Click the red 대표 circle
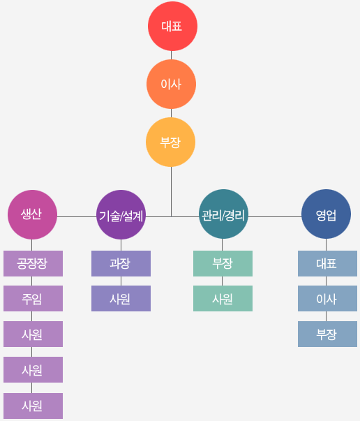[x=172, y=26]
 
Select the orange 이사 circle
[x=171, y=84]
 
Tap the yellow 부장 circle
[x=171, y=142]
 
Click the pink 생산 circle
[x=32, y=214]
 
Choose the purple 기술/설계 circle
[x=121, y=214]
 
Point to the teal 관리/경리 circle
[x=223, y=214]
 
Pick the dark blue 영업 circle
[x=327, y=214]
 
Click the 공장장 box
[x=33, y=263]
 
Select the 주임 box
[x=33, y=298]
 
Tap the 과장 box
[x=121, y=263]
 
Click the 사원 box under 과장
[x=121, y=298]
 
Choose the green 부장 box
[x=223, y=263]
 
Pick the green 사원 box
[x=223, y=298]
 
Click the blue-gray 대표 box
[x=327, y=263]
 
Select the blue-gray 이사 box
[x=327, y=298]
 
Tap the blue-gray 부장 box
[x=327, y=334]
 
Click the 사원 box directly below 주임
[x=33, y=334]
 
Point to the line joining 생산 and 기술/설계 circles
[x=77, y=216]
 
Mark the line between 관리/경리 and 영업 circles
[x=275, y=216]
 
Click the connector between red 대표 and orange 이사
[x=171, y=55]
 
